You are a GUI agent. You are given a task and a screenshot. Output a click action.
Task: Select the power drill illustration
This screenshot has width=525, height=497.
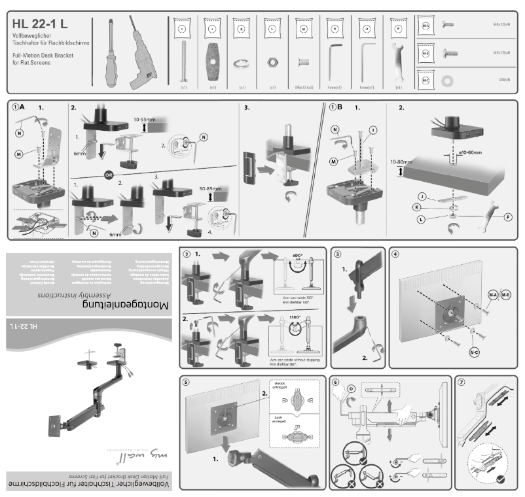[x=143, y=56]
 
